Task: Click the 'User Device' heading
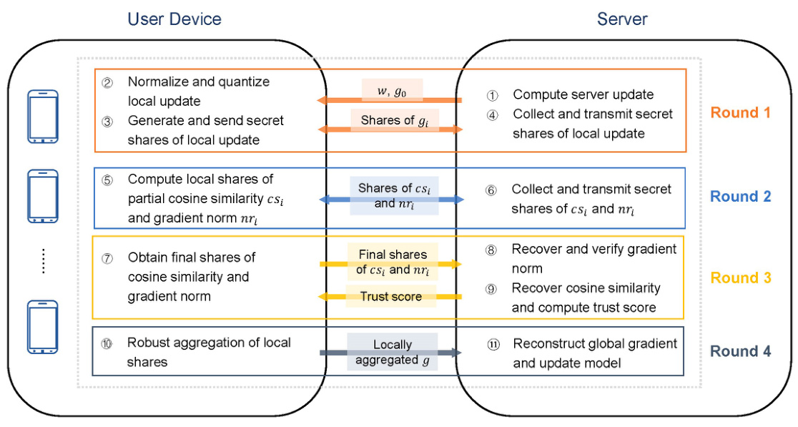pos(174,19)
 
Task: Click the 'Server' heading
pos(622,19)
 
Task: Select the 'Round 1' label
pos(740,113)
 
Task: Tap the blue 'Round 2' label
pos(740,197)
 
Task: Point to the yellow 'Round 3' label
pos(740,278)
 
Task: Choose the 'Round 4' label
pos(740,351)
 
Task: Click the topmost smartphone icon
pos(42,117)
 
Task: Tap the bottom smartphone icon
pos(42,327)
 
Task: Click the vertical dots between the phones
pos(43,260)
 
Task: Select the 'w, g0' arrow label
pos(391,89)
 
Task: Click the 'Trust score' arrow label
pos(391,296)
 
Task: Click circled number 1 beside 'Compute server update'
pos(492,95)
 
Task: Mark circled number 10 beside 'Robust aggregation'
pos(107,343)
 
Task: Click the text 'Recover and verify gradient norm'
pos(593,258)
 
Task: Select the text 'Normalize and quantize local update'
pos(198,91)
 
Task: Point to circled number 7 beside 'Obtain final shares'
pos(107,257)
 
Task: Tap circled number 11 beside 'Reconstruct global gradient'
pos(492,344)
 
